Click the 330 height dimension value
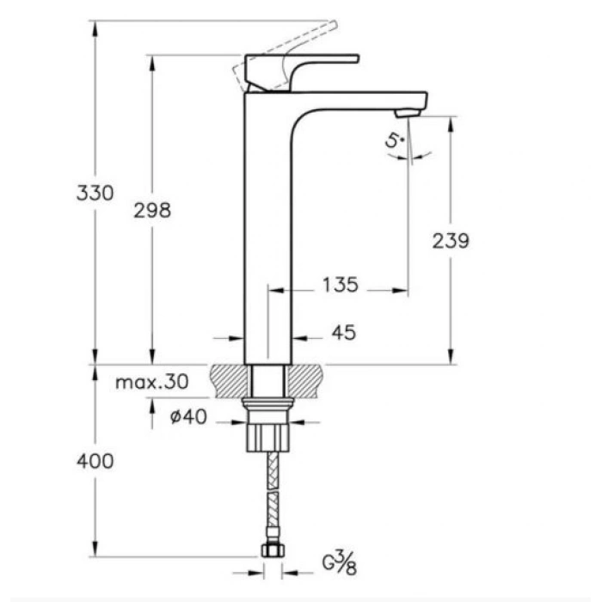pos(95,193)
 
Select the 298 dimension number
pos(153,209)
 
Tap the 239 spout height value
pos(451,241)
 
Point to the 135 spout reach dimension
pos(341,284)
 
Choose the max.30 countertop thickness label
pos(152,383)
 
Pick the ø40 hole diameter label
pos(188,418)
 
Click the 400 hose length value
pos(95,461)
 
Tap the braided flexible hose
pos(268,499)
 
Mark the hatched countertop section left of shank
pos(229,378)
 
